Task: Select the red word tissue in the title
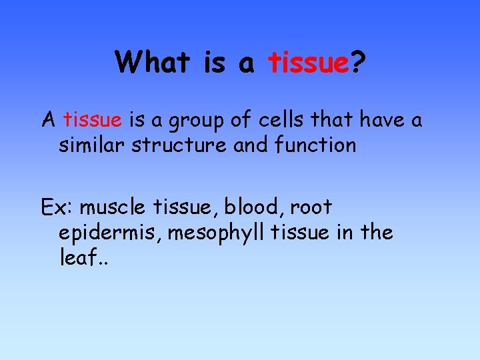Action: click(309, 63)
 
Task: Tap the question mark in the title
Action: click(358, 63)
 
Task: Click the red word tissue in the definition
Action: click(93, 120)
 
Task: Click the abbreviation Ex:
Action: click(57, 207)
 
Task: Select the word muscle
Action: click(114, 207)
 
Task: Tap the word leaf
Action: click(76, 257)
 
